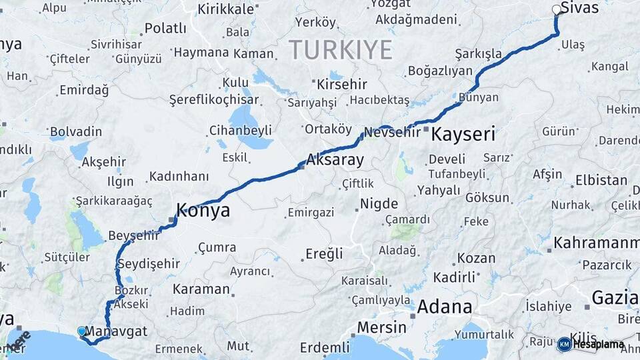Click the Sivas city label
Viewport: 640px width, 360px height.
pyautogui.click(x=579, y=9)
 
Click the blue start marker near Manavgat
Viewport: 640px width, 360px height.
pyautogui.click(x=82, y=331)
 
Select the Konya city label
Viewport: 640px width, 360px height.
pyautogui.click(x=203, y=211)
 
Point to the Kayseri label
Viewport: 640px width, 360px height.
pyautogui.click(x=463, y=134)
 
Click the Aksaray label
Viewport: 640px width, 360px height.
pyautogui.click(x=335, y=160)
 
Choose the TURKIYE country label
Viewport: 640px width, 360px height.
pyautogui.click(x=341, y=50)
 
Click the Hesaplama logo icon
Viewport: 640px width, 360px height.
pyautogui.click(x=564, y=344)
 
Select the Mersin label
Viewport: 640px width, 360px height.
pyautogui.click(x=381, y=327)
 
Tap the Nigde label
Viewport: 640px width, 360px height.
pyautogui.click(x=379, y=203)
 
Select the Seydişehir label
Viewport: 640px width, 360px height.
pyautogui.click(x=148, y=264)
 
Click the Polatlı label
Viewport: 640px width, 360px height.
pyautogui.click(x=165, y=28)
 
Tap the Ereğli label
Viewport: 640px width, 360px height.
pyautogui.click(x=324, y=253)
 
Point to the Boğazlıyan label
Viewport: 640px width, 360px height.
pyautogui.click(x=440, y=71)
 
